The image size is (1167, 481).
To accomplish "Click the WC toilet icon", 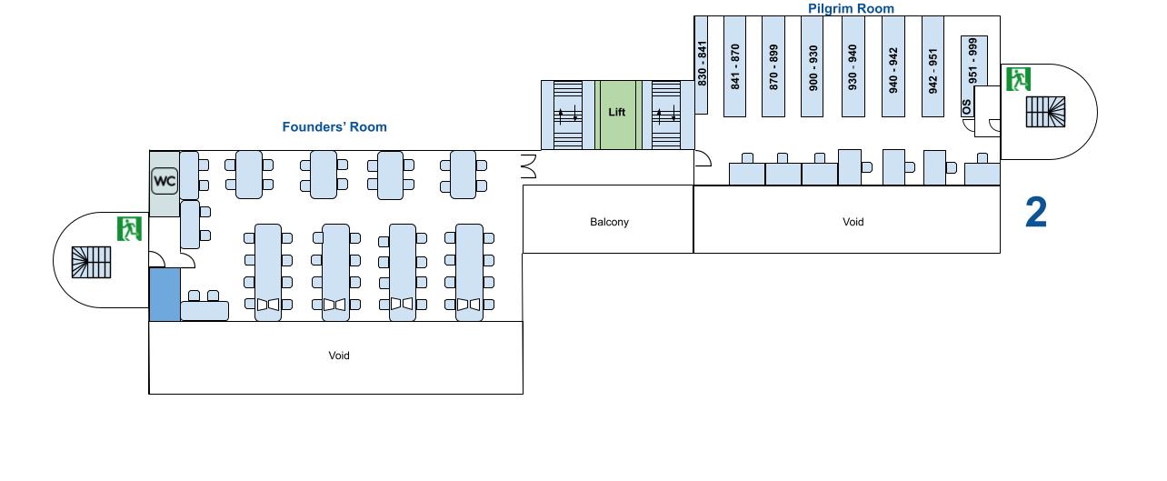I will click(165, 181).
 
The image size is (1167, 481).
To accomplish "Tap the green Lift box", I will click(617, 114).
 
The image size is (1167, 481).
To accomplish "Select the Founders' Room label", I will click(334, 127).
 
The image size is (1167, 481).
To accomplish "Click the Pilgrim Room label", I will click(851, 8).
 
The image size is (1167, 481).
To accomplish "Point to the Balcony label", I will click(609, 222).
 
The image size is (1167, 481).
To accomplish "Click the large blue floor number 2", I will click(1035, 213).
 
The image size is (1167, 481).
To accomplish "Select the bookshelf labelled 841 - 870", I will click(734, 66).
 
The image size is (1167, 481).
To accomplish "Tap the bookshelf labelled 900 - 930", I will click(813, 66).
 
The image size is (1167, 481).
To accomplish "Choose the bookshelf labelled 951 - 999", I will click(973, 60).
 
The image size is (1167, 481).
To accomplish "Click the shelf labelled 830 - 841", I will click(701, 65).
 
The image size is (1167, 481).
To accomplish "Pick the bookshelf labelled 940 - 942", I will click(893, 66).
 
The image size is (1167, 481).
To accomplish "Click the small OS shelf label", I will click(967, 107).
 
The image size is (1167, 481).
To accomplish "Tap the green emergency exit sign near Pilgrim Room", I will click(1019, 79).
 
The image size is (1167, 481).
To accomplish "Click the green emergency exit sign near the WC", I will click(129, 228).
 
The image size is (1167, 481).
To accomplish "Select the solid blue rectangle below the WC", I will click(165, 294).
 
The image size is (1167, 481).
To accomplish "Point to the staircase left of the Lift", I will click(568, 115).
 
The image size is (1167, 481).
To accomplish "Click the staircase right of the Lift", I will click(666, 115).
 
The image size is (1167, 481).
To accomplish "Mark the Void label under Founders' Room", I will click(339, 356).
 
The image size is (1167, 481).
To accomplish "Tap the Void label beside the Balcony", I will click(853, 222).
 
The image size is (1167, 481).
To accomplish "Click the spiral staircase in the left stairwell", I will click(92, 262).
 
